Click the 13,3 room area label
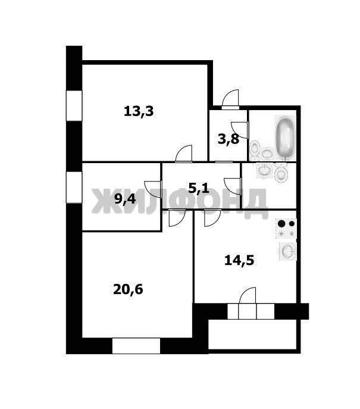pyautogui.click(x=139, y=112)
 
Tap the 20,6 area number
pyautogui.click(x=128, y=289)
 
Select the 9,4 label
pyautogui.click(x=125, y=199)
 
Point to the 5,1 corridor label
pyautogui.click(x=199, y=188)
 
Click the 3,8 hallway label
pyautogui.click(x=228, y=139)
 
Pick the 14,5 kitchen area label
pyautogui.click(x=239, y=260)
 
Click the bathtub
pyautogui.click(x=285, y=138)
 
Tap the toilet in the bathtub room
pyautogui.click(x=255, y=149)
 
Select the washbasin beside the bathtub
pyautogui.click(x=267, y=154)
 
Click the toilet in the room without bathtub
pyautogui.click(x=281, y=173)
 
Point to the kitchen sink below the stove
pyautogui.click(x=288, y=251)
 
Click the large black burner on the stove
pyautogui.click(x=281, y=223)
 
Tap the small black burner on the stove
pyautogui.click(x=292, y=223)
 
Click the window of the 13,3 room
pyautogui.click(x=74, y=105)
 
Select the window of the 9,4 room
pyautogui.click(x=74, y=188)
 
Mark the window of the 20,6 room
pyautogui.click(x=136, y=346)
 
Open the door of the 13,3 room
pyautogui.click(x=184, y=154)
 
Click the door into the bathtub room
pyautogui.click(x=240, y=130)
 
